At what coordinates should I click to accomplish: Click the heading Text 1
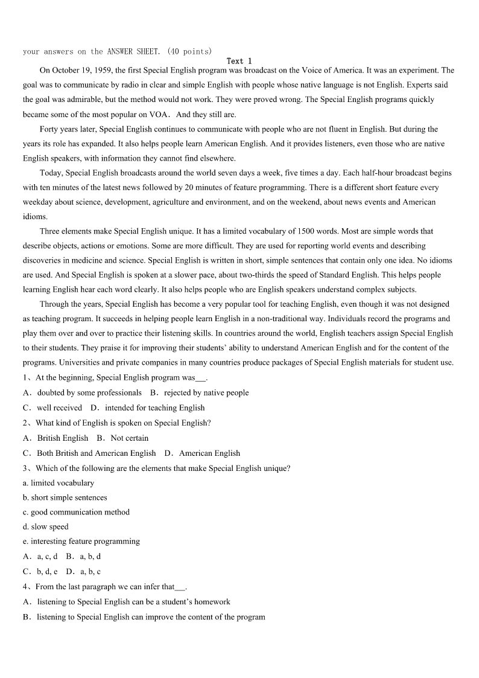pos(239,61)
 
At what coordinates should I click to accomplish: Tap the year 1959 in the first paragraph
pos(103,71)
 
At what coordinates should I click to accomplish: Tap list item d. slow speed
pos(46,526)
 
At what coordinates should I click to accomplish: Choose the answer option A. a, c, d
pos(40,556)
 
